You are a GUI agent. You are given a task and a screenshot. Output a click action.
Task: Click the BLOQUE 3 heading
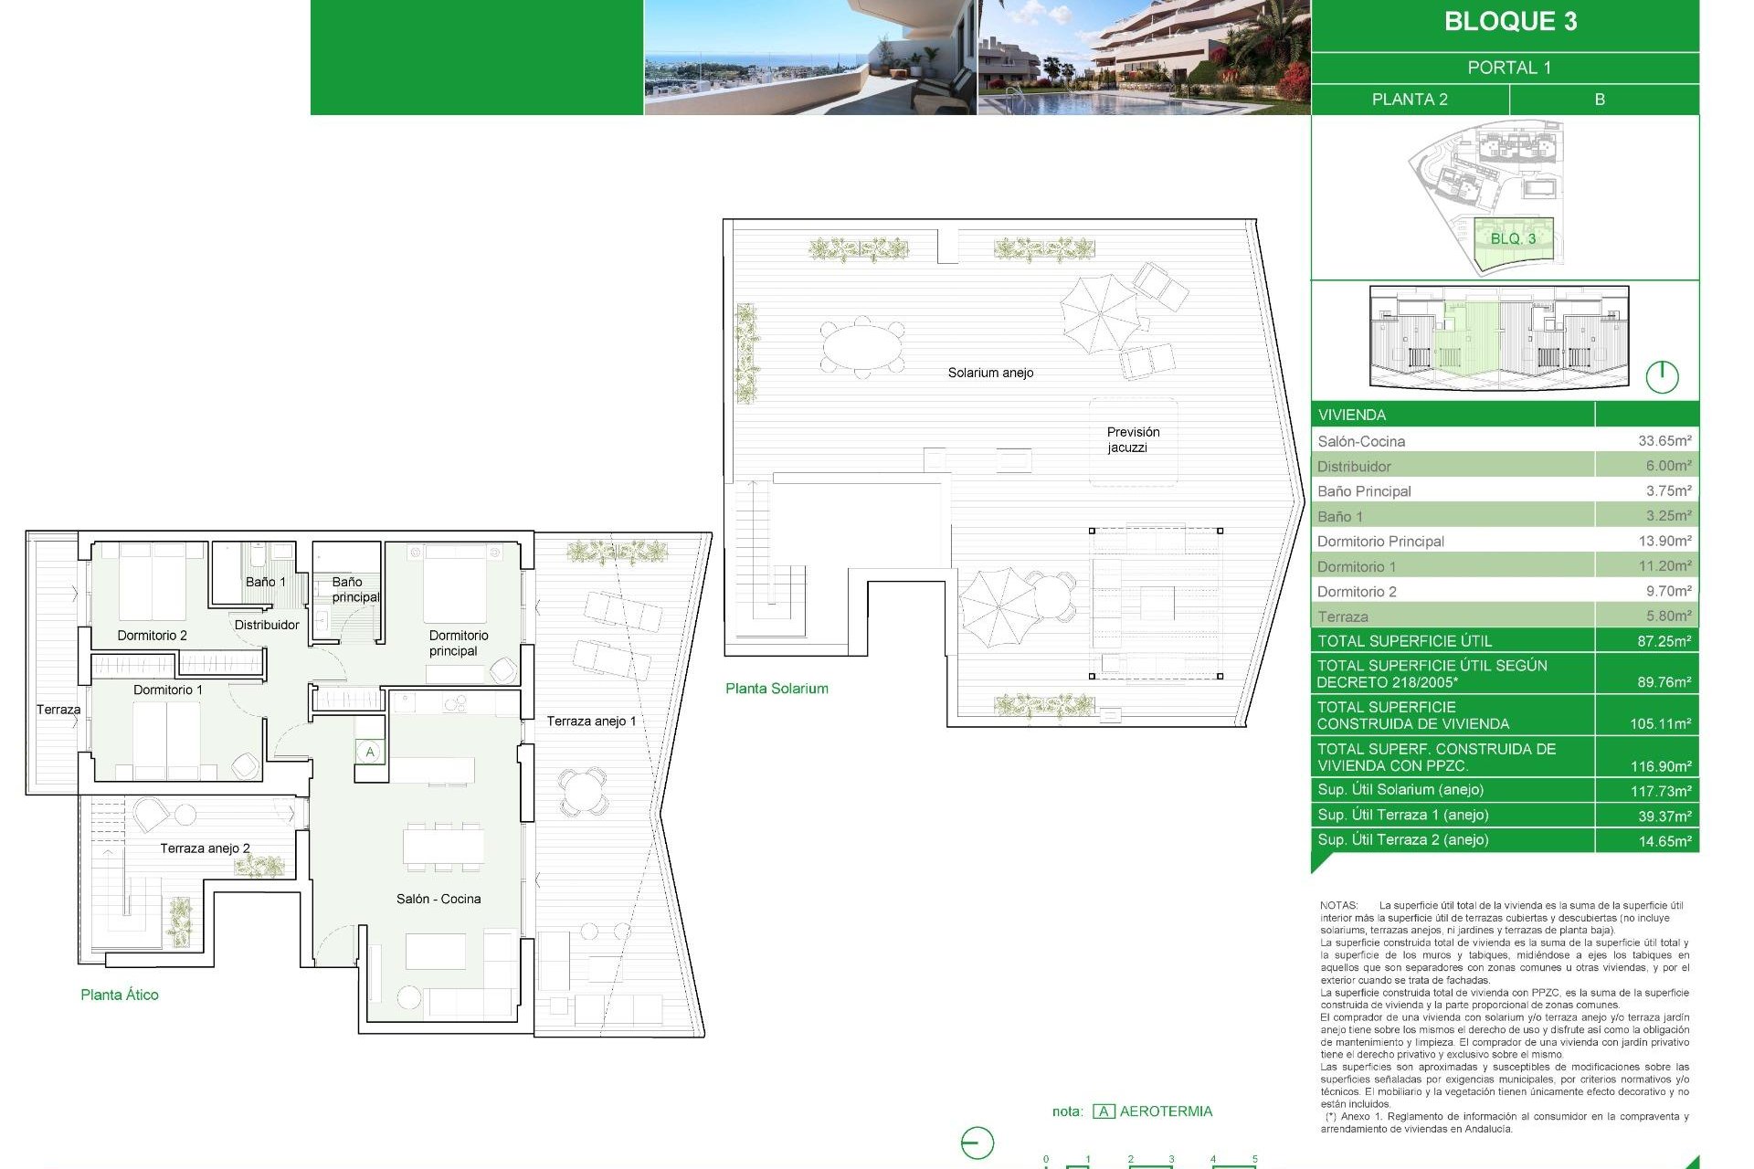coord(1510,22)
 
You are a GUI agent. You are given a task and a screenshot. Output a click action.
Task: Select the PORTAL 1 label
coord(1509,68)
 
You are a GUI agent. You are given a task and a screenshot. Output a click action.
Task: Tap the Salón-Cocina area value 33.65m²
coord(1664,441)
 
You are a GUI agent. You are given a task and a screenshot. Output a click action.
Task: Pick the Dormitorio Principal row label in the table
coord(1380,542)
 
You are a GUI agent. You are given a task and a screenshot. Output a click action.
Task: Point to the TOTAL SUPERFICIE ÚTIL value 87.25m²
coord(1663,641)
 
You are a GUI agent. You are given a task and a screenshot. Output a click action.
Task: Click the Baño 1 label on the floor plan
coord(265,582)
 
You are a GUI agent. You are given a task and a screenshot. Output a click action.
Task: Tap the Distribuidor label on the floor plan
coord(267,625)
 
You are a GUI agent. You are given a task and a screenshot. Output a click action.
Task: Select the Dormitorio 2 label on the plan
coord(152,636)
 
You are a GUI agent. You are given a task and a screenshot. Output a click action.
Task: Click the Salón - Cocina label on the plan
coord(438,899)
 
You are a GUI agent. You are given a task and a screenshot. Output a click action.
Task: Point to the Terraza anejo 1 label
coord(591,721)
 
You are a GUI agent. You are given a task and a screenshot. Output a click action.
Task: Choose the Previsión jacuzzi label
coord(1133,439)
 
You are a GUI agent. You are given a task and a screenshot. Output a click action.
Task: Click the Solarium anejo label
coord(990,373)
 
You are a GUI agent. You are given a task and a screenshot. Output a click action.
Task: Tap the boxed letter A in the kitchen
coord(370,753)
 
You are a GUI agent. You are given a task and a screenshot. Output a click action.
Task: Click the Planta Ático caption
coord(120,995)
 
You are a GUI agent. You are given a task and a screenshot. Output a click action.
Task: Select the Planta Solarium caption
coord(777,689)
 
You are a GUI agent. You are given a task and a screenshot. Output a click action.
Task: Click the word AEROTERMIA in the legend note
coord(1166,1111)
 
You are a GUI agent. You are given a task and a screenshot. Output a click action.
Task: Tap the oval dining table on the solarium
coord(862,347)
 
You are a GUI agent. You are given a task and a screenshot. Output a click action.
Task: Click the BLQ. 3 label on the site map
coord(1513,238)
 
